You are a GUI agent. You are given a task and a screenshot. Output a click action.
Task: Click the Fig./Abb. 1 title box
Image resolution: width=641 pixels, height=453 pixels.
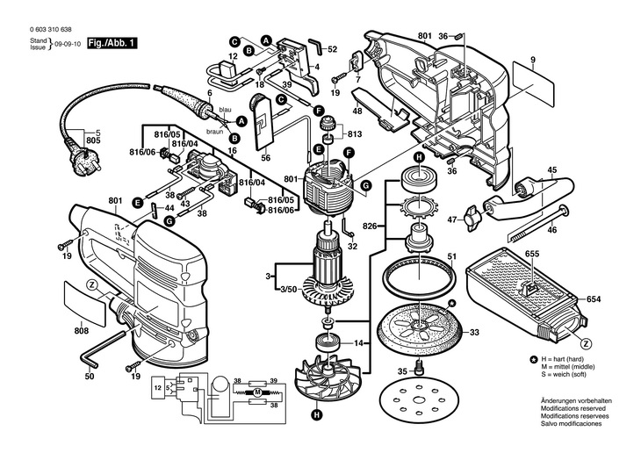[x=112, y=43]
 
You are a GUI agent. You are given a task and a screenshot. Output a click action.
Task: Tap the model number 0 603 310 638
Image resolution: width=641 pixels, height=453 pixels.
[x=51, y=30]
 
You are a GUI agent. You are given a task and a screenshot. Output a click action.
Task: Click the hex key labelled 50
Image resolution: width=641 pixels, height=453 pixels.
[x=102, y=348]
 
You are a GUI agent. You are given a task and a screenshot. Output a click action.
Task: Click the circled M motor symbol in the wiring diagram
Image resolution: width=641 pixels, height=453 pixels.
[x=257, y=393]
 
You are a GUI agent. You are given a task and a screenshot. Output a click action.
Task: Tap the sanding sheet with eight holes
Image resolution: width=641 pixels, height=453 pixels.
[x=417, y=400]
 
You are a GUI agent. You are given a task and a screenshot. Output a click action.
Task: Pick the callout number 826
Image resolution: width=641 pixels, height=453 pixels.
[x=370, y=226]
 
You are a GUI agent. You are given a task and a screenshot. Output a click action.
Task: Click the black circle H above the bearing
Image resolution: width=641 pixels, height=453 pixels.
[x=418, y=157]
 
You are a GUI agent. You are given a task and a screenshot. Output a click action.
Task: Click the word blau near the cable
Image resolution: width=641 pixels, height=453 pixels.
[x=226, y=110]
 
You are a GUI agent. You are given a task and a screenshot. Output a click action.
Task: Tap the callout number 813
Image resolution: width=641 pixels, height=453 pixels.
[x=355, y=134]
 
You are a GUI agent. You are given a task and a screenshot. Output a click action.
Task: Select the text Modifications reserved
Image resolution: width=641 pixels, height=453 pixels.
[x=573, y=408]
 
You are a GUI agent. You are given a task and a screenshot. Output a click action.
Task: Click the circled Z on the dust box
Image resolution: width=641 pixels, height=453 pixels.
[x=587, y=344]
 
